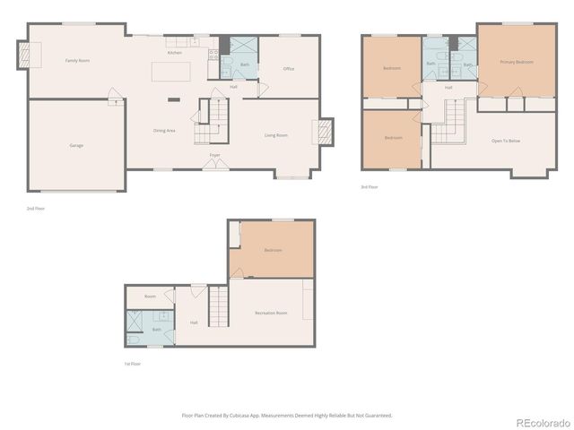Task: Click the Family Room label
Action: [x=77, y=61]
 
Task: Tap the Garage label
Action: [x=77, y=145]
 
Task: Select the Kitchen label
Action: [x=174, y=53]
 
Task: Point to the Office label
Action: [x=289, y=69]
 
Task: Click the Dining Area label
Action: [x=164, y=131]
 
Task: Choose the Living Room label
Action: [x=275, y=135]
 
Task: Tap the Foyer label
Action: [x=215, y=155]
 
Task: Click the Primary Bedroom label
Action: [x=517, y=62]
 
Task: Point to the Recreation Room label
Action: [x=271, y=313]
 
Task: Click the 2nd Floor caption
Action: [x=36, y=208]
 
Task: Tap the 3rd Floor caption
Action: [x=370, y=186]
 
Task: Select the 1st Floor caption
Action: [x=132, y=364]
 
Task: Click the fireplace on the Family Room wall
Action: [x=24, y=57]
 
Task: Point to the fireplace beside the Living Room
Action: [x=325, y=133]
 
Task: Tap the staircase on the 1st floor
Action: [x=220, y=309]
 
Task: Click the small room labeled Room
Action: [x=150, y=296]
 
